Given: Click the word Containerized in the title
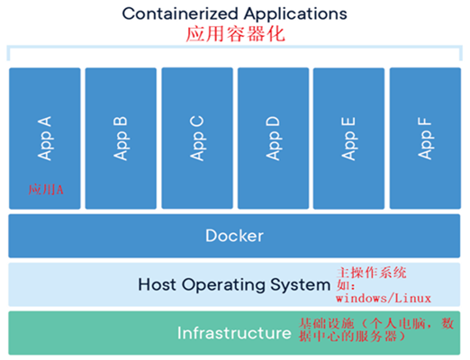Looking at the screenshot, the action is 180,13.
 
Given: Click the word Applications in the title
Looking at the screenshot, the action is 295,14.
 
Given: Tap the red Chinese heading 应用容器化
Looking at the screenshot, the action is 236,33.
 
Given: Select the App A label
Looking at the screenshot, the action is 44,139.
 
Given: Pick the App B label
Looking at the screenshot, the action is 121,139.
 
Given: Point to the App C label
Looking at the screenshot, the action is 197,139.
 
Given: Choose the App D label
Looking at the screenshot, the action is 273,139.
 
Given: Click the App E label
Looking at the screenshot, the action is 348,139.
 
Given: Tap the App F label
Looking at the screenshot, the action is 425,139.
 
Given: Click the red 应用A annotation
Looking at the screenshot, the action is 46,190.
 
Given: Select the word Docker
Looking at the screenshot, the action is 234,236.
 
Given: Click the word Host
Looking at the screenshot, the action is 157,284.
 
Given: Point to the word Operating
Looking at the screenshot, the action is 223,285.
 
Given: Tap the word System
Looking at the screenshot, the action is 300,285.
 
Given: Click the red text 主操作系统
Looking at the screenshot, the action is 372,273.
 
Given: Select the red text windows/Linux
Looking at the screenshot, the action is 384,298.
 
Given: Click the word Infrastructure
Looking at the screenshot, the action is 234,333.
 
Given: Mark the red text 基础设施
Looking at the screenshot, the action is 327,324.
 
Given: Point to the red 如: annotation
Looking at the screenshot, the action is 346,285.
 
